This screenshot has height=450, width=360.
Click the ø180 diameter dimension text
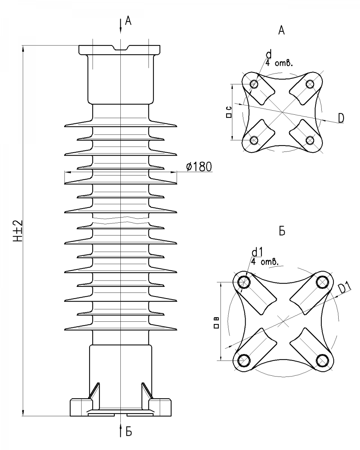[x=199, y=166]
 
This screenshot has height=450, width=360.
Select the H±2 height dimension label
[x=19, y=231]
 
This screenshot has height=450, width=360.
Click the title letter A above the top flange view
[x=282, y=31]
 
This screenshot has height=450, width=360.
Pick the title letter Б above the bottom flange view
[x=282, y=231]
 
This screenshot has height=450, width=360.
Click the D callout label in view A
[x=340, y=118]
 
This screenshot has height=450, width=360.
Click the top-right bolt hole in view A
[x=310, y=84]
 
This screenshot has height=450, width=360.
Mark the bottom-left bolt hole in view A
[x=254, y=140]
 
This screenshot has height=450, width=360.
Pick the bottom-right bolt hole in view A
[x=310, y=140]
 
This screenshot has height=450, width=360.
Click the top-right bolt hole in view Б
[x=322, y=282]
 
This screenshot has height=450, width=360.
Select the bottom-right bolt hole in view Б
[x=322, y=360]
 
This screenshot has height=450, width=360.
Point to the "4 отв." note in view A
[x=278, y=63]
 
